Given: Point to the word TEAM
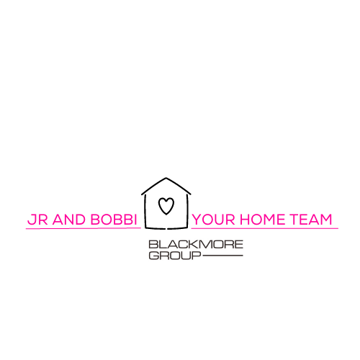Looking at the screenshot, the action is pos(311,220).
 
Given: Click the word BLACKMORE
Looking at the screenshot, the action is pos(196,245).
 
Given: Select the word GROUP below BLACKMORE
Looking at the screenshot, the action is pos(175,256).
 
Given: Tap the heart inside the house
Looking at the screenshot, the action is pos(166,206).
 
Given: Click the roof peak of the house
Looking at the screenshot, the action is pos(166,178).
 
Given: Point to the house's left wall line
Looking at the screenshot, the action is pos(145,211).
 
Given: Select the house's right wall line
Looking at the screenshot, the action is pos(187,211).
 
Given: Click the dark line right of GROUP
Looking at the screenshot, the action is pos(222,256).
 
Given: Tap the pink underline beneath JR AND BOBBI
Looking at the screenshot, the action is pos(84,228).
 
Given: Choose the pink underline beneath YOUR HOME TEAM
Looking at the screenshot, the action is pos(265,228).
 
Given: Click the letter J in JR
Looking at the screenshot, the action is pos(32,220).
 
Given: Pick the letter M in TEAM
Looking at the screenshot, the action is pos(325,220).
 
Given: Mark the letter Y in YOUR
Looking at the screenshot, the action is pos(198,220).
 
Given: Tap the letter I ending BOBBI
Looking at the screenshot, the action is pos(135,220).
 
